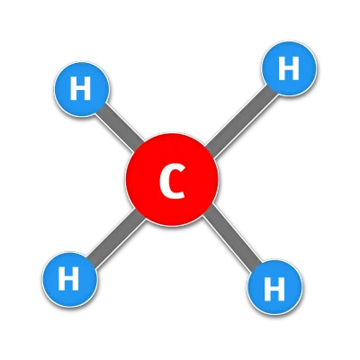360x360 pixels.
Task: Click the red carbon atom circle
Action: point(172,179)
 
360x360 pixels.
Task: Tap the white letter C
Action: point(172,182)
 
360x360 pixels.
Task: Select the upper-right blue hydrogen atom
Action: point(289,68)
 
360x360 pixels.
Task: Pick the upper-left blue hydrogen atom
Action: point(81,89)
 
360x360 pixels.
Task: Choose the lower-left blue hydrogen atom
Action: point(69,279)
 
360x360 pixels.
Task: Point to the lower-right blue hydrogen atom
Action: point(274,287)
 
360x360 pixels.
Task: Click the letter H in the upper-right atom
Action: point(289,68)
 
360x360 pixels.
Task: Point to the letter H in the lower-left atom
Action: point(68,279)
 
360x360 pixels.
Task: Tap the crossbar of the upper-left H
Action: point(80,88)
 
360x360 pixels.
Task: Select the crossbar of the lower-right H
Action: point(274,289)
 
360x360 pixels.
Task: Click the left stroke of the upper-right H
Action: point(282,68)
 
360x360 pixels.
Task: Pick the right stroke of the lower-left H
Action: point(76,279)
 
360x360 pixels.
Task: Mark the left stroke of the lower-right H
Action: point(266,289)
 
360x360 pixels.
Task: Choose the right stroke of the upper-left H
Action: point(88,88)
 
